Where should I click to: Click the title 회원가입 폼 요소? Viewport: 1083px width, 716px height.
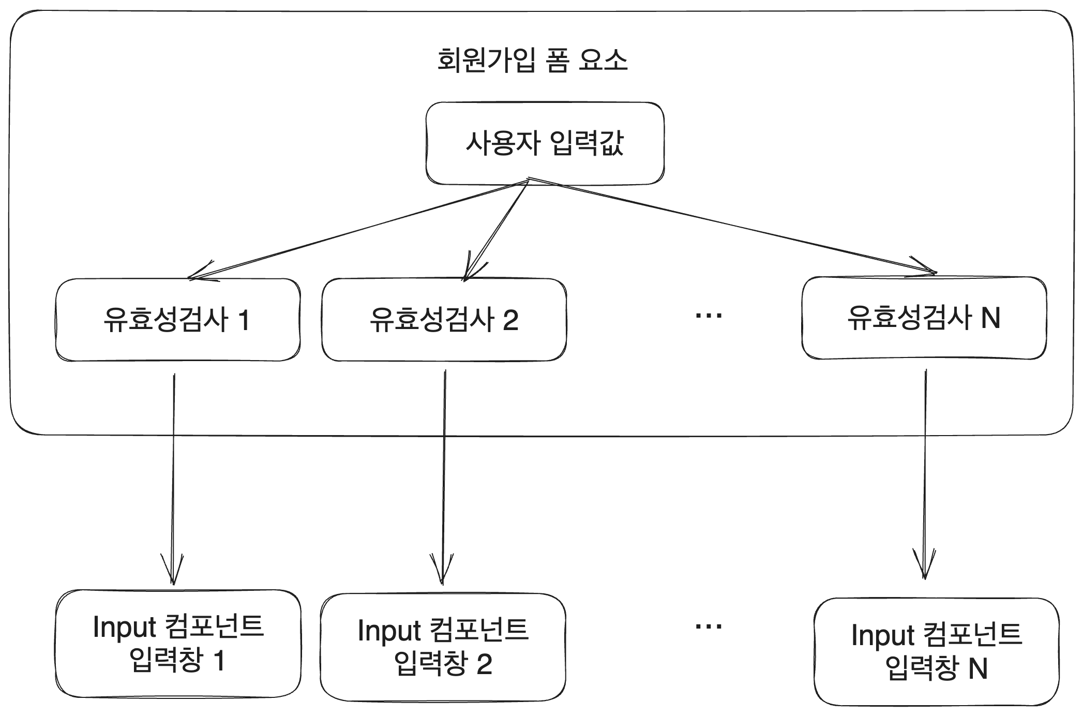click(532, 61)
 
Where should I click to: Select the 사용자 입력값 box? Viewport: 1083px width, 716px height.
click(545, 143)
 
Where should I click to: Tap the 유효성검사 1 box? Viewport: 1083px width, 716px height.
click(177, 320)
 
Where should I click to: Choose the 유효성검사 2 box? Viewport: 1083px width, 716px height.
click(444, 320)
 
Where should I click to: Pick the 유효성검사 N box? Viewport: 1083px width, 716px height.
click(924, 318)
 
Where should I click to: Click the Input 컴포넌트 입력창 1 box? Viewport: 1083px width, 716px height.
click(177, 644)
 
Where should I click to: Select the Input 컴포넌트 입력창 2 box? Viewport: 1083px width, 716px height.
click(443, 647)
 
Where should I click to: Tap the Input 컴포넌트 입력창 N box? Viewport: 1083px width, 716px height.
click(936, 651)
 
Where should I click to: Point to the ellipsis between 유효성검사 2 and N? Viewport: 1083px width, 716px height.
click(708, 316)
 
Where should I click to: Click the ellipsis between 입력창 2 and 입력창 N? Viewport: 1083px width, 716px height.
click(708, 626)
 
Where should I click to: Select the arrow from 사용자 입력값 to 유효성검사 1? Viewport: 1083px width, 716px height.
click(357, 230)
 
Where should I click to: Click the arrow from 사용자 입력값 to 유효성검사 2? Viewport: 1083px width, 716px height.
click(497, 230)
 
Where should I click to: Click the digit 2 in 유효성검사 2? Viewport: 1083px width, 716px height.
click(510, 321)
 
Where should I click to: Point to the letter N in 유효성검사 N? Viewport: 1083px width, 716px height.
click(990, 318)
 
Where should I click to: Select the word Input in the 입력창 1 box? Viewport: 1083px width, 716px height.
click(124, 628)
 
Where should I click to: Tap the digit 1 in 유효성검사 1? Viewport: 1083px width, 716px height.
click(244, 321)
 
